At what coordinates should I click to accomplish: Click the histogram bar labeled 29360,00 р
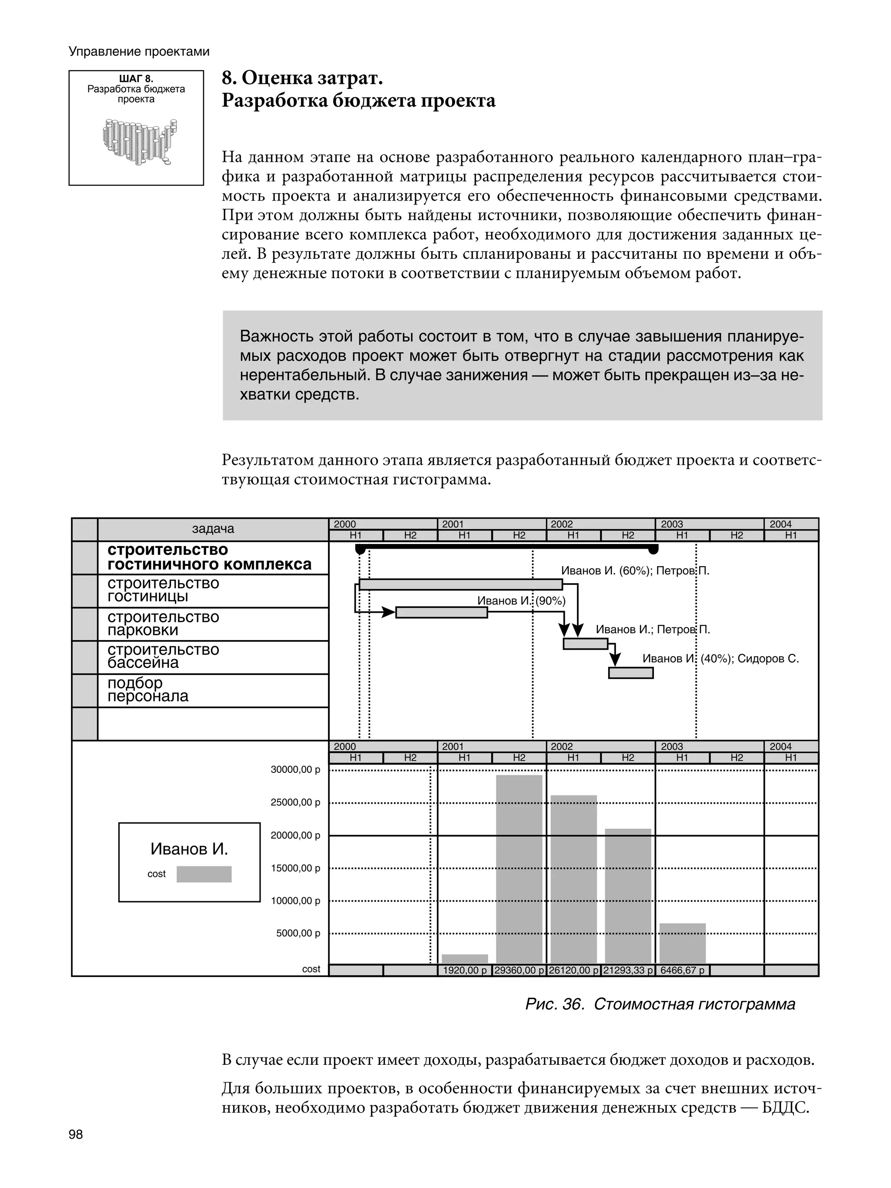pyautogui.click(x=519, y=869)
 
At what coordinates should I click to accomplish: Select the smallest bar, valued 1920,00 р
pyautogui.click(x=465, y=959)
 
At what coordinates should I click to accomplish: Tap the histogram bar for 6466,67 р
pyautogui.click(x=682, y=943)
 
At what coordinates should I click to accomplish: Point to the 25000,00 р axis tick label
pyautogui.click(x=295, y=802)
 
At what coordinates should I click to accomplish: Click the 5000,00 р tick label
pyautogui.click(x=298, y=933)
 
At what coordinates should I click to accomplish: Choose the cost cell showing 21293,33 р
pyautogui.click(x=628, y=970)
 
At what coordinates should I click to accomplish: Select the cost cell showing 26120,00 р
pyautogui.click(x=573, y=970)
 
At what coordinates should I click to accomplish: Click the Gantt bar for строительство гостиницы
pyautogui.click(x=460, y=584)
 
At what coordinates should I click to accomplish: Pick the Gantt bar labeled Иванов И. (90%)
pyautogui.click(x=442, y=612)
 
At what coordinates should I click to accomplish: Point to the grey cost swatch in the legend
pyautogui.click(x=204, y=874)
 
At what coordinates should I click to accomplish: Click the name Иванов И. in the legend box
pyautogui.click(x=189, y=849)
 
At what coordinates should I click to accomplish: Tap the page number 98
pyautogui.click(x=76, y=1134)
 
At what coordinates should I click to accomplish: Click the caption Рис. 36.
pyautogui.click(x=554, y=1004)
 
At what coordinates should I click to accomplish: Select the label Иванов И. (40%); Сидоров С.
pyautogui.click(x=720, y=658)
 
